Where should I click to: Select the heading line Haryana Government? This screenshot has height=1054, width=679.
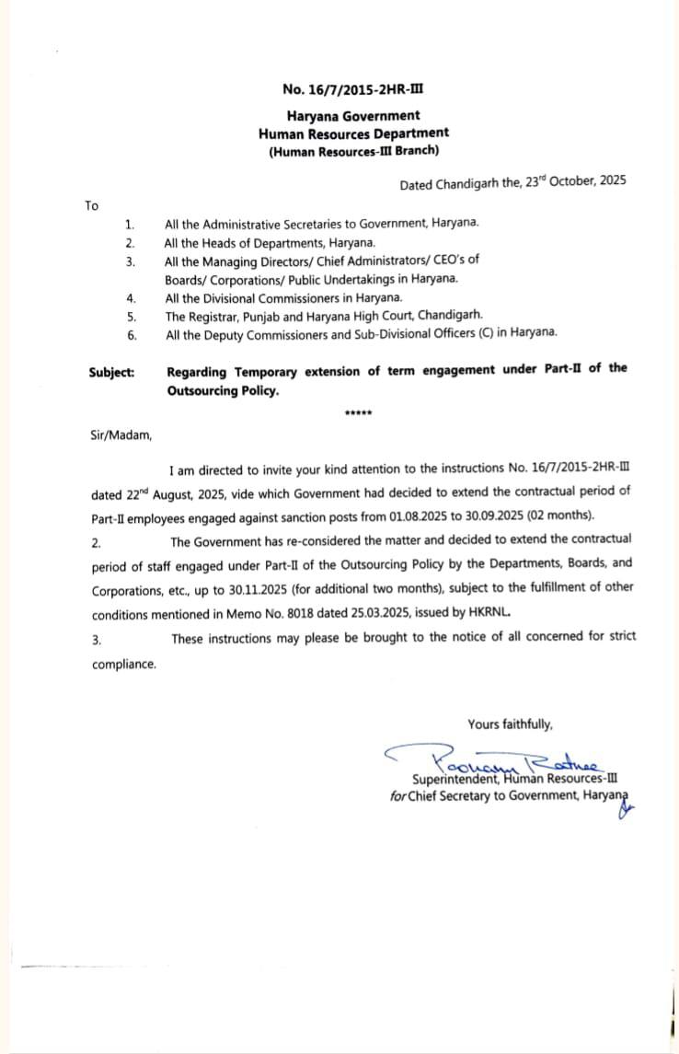pos(353,116)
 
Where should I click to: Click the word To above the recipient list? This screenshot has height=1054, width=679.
pos(91,205)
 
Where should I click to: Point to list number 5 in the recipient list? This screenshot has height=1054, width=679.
pos(131,316)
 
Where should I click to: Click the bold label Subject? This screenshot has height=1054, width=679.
pos(111,372)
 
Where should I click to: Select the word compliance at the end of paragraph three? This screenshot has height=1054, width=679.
pos(123,663)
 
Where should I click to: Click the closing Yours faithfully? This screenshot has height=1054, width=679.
pos(510,724)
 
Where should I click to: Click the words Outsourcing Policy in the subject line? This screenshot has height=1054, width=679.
pos(222,390)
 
